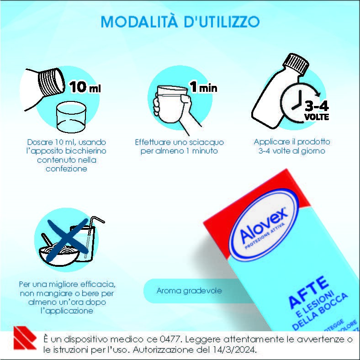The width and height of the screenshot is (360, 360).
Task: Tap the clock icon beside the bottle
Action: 297,102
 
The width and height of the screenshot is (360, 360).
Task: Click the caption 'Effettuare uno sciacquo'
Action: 179,142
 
